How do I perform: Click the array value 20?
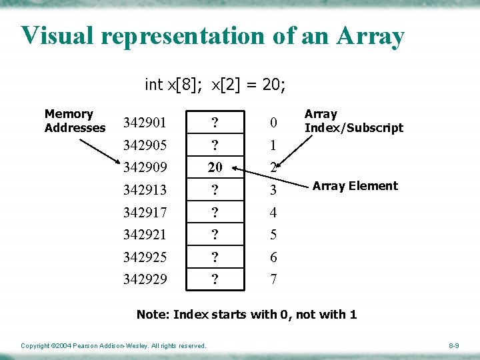point(215,167)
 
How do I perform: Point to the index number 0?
point(273,123)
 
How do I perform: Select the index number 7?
point(273,279)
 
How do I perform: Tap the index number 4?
point(273,213)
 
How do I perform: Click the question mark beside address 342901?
point(215,123)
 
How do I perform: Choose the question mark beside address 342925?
point(215,257)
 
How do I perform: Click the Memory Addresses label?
point(75,121)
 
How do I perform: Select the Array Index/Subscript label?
point(353,121)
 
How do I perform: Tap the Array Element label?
point(355,186)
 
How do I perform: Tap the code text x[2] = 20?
point(249,85)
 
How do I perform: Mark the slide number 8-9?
point(453,345)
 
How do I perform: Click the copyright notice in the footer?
point(113,345)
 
